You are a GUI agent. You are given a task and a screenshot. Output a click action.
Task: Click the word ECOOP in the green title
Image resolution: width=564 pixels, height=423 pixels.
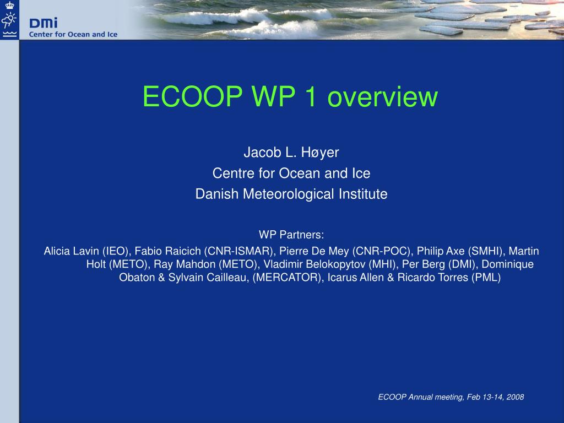click(x=193, y=96)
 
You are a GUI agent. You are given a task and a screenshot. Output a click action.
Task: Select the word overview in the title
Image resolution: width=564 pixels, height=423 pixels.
click(x=382, y=96)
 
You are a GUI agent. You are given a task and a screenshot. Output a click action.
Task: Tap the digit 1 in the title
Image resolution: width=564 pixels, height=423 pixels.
click(x=310, y=96)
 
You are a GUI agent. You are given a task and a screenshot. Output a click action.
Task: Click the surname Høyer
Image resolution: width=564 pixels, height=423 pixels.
click(x=320, y=153)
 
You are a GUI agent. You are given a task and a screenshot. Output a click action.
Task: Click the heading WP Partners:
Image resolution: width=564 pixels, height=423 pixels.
click(x=291, y=235)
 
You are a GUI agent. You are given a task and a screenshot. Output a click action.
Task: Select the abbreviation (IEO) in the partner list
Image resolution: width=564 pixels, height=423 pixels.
click(x=116, y=251)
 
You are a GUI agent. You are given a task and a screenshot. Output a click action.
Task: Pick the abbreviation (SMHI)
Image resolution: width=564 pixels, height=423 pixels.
click(x=486, y=251)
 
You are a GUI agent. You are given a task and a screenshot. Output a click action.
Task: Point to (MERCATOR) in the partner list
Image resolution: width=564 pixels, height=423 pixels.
click(x=286, y=278)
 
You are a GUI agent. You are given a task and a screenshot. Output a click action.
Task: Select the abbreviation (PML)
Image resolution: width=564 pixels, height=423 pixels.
click(x=486, y=278)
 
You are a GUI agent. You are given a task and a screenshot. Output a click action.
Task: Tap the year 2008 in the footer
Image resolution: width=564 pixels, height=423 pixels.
click(x=515, y=397)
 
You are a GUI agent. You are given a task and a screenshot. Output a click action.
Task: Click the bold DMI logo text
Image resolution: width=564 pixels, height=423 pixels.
click(x=44, y=23)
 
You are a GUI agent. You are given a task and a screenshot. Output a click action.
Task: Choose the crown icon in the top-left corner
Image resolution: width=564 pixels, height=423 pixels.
click(x=9, y=5)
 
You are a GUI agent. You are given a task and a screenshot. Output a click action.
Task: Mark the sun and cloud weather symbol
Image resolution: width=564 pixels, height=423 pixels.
click(x=9, y=20)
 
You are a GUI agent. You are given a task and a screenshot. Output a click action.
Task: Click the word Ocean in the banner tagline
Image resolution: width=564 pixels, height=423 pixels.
click(x=79, y=35)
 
